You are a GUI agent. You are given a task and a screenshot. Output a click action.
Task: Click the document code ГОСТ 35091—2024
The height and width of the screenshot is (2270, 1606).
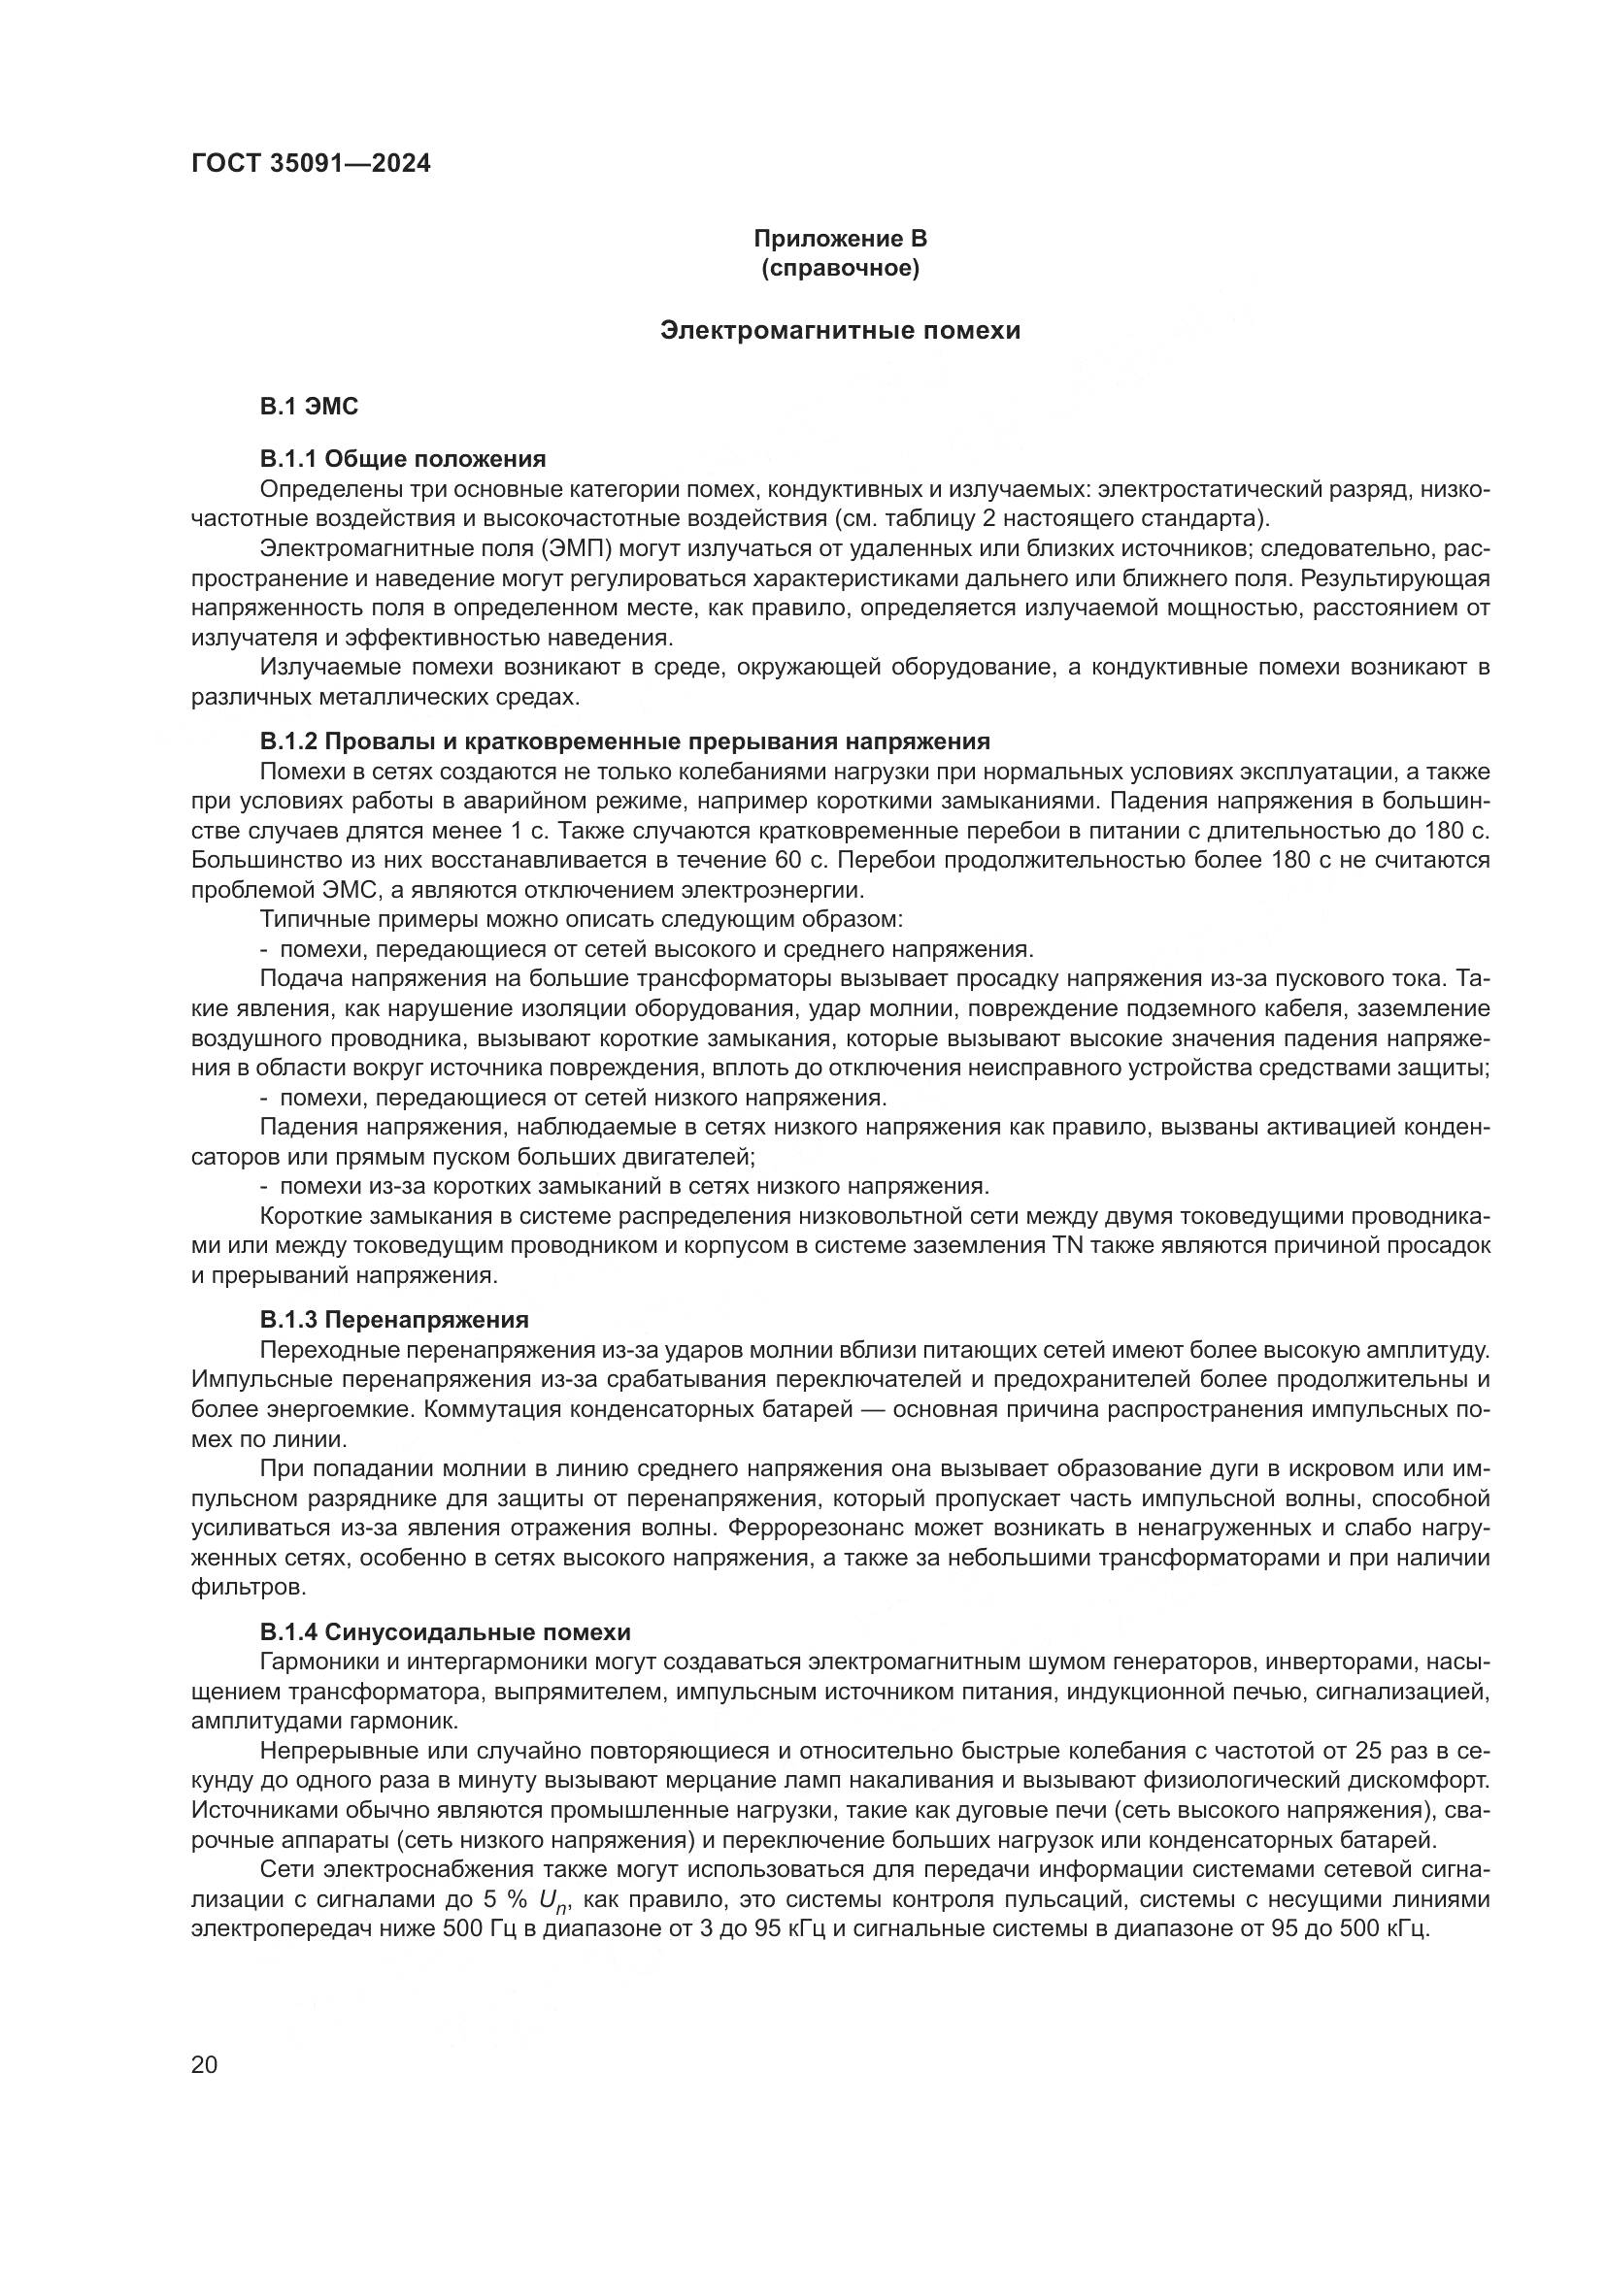(x=311, y=163)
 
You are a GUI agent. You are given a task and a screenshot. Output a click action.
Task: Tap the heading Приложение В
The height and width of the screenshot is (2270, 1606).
(x=840, y=239)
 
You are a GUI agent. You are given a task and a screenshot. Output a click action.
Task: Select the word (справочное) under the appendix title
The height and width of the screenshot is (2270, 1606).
(x=840, y=268)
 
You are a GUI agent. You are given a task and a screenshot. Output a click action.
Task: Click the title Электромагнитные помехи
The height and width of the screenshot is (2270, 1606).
(x=840, y=330)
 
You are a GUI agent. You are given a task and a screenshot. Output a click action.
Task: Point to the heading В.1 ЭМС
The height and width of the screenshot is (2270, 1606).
(x=309, y=406)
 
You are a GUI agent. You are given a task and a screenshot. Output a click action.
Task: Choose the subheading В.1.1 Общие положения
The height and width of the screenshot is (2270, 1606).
(x=403, y=459)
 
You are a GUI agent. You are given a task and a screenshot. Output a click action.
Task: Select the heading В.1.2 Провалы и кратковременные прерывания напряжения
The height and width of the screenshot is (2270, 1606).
(x=624, y=741)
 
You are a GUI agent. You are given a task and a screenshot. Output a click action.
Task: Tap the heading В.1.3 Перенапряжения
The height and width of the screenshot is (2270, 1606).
(x=393, y=1320)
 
